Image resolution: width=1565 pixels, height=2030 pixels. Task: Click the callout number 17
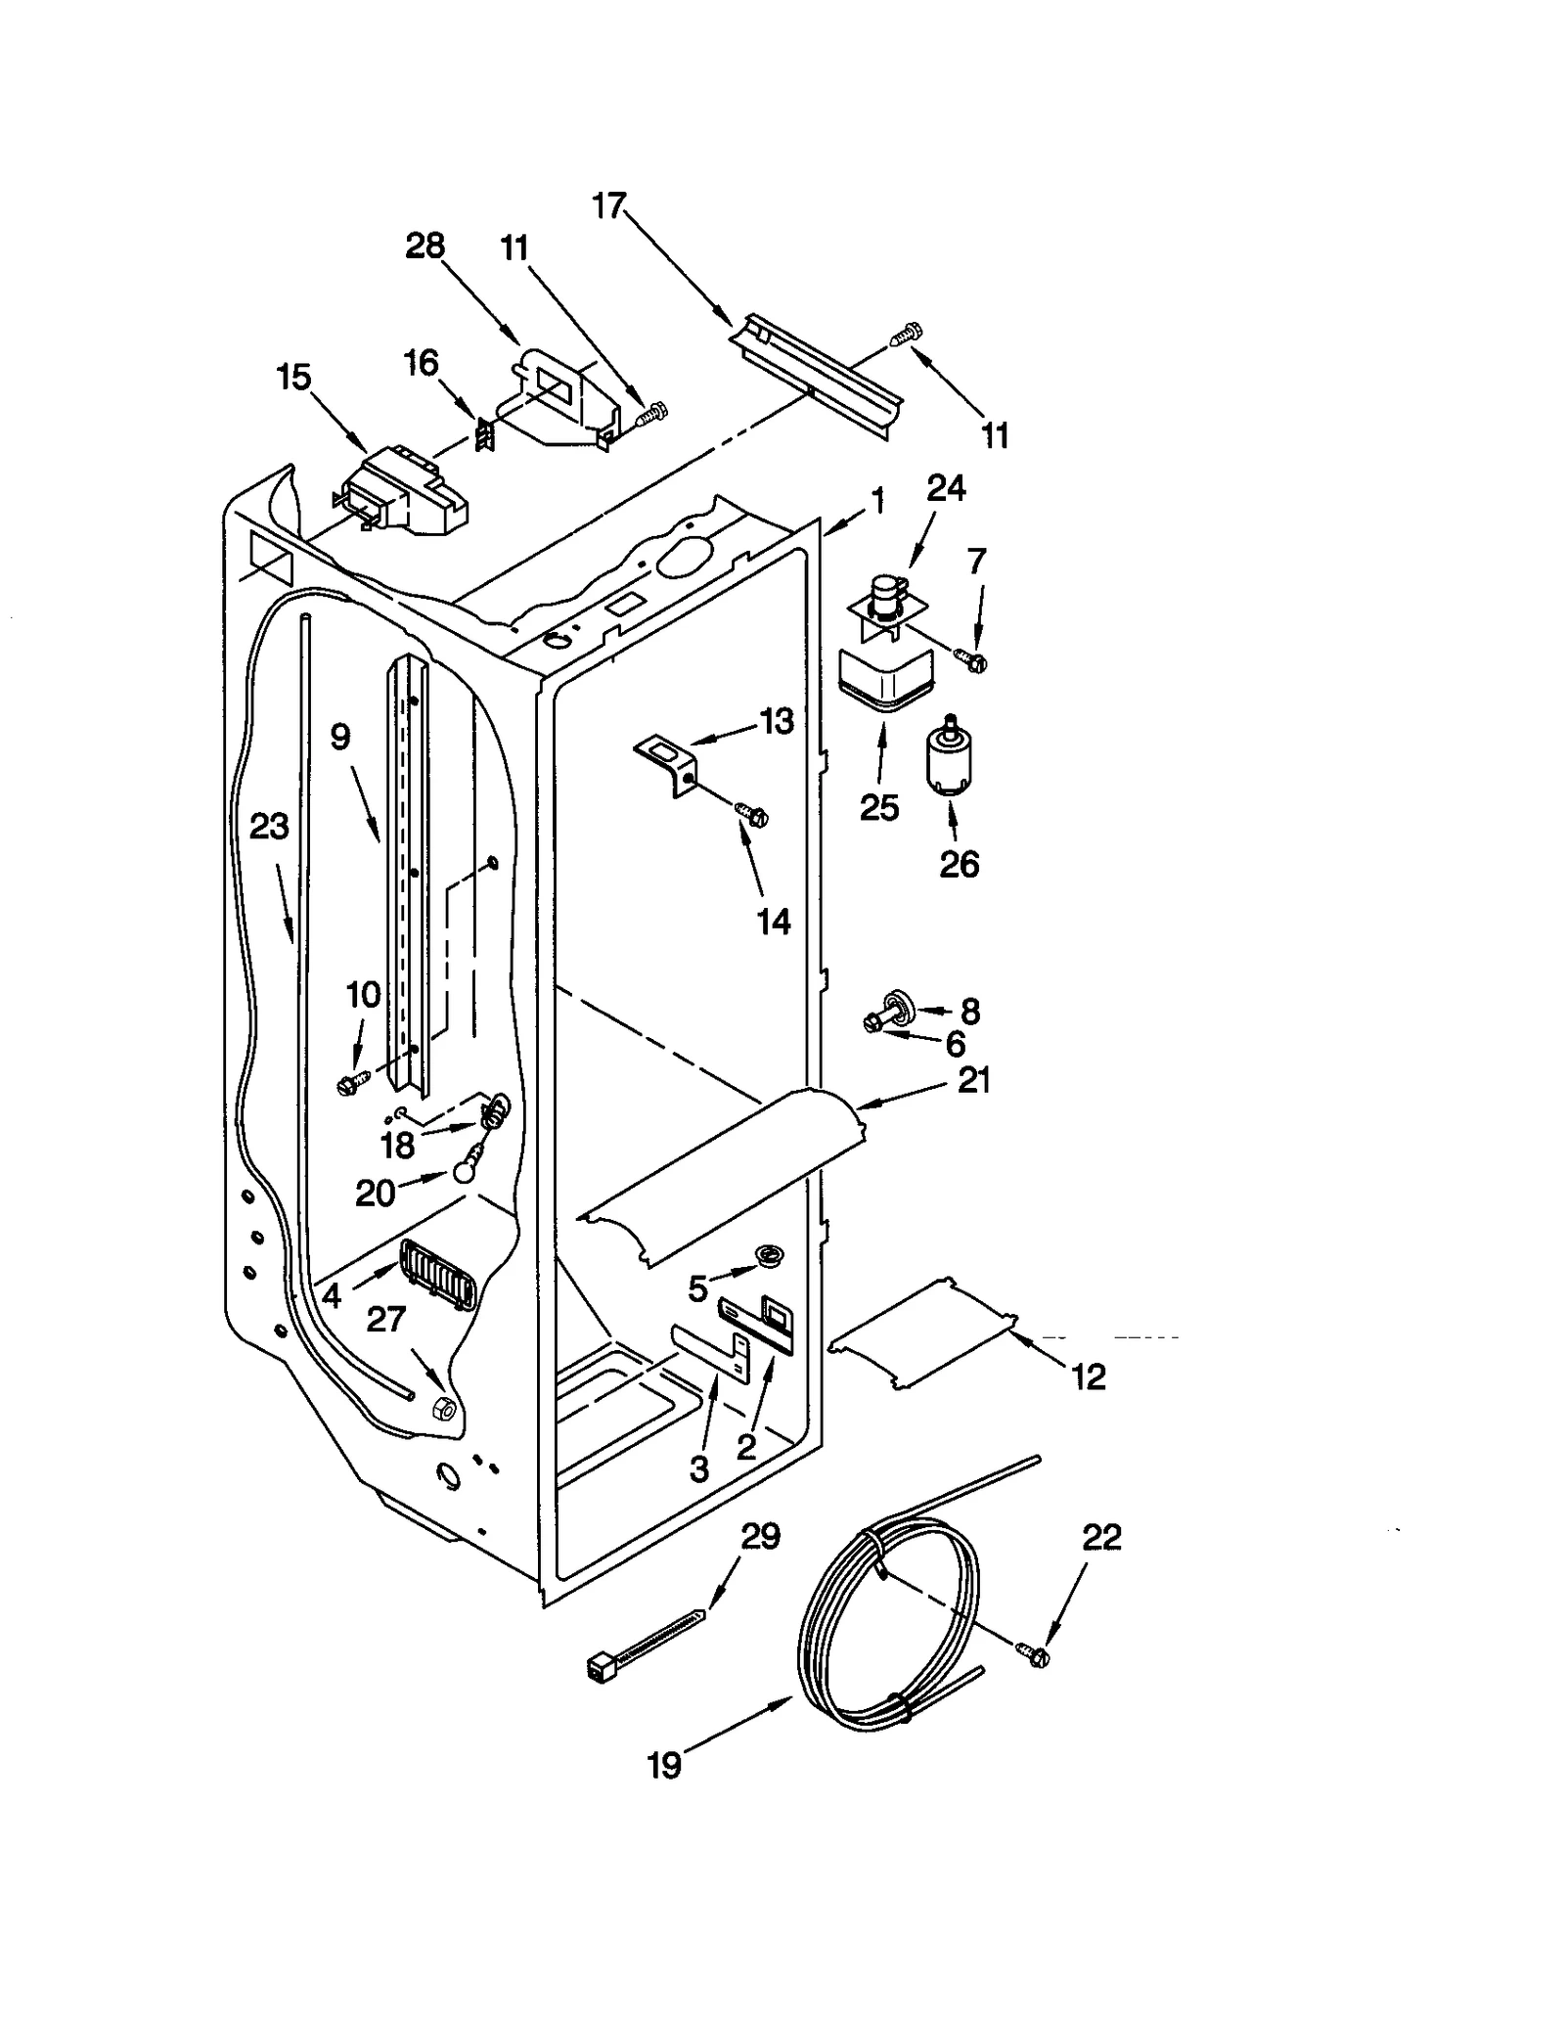[607, 206]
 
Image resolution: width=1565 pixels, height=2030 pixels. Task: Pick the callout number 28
[425, 246]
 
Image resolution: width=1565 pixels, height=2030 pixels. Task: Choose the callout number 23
[268, 827]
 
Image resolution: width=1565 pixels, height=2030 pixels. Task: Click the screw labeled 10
[349, 1083]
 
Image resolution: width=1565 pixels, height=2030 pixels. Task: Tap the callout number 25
[878, 807]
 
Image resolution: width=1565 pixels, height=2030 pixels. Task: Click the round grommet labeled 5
[770, 1254]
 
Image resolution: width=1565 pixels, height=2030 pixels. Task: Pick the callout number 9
[339, 736]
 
